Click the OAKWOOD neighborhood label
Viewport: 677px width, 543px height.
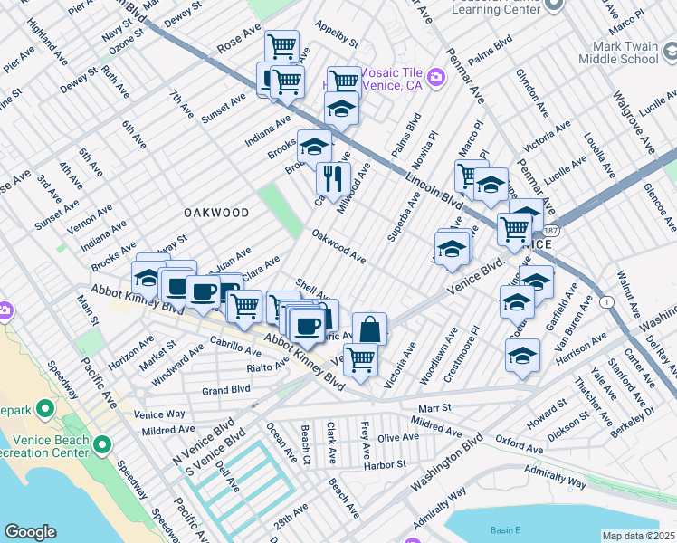216,212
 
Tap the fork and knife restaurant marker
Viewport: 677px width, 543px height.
333,178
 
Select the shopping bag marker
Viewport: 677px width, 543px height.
369,329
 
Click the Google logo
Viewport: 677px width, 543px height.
30,532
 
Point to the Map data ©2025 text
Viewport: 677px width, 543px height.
638,536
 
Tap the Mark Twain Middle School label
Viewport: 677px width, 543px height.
624,52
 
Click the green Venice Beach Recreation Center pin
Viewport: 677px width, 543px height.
101,444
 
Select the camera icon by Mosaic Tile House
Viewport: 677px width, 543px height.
436,78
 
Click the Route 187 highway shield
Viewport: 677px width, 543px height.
551,233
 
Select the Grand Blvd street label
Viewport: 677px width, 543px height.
225,391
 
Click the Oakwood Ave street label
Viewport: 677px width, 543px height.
338,247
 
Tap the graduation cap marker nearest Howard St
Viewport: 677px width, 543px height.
522,356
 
